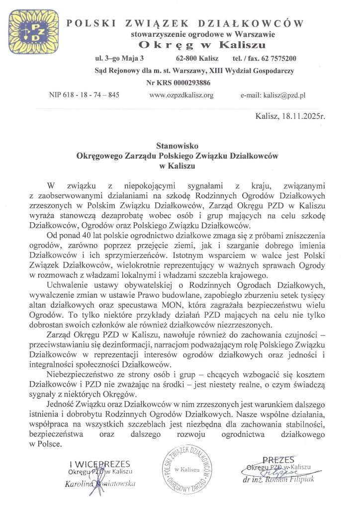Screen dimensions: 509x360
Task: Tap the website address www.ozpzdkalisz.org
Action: (181, 95)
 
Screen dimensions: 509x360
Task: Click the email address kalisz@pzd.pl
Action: (280, 95)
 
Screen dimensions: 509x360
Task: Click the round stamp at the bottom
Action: (185, 470)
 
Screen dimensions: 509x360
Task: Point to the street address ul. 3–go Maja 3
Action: (119, 58)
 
